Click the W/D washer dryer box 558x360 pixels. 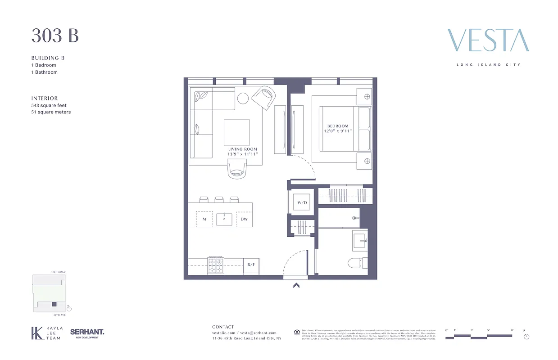[301, 202]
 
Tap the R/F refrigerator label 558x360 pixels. [251, 265]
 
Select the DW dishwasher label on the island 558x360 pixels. [244, 219]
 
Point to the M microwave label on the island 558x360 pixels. [204, 219]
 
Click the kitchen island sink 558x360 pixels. [224, 219]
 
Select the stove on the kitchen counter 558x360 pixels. [216, 265]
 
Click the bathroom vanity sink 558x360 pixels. [360, 238]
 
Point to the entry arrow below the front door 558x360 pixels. [296, 285]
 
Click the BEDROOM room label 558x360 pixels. [337, 126]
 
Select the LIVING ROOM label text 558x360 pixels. [242, 149]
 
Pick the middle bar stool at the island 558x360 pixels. [219, 199]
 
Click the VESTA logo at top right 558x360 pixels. [488, 40]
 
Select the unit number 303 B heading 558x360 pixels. [55, 36]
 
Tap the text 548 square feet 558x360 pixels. [49, 105]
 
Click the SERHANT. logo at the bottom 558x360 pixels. [87, 333]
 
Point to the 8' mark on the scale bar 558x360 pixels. [512, 330]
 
